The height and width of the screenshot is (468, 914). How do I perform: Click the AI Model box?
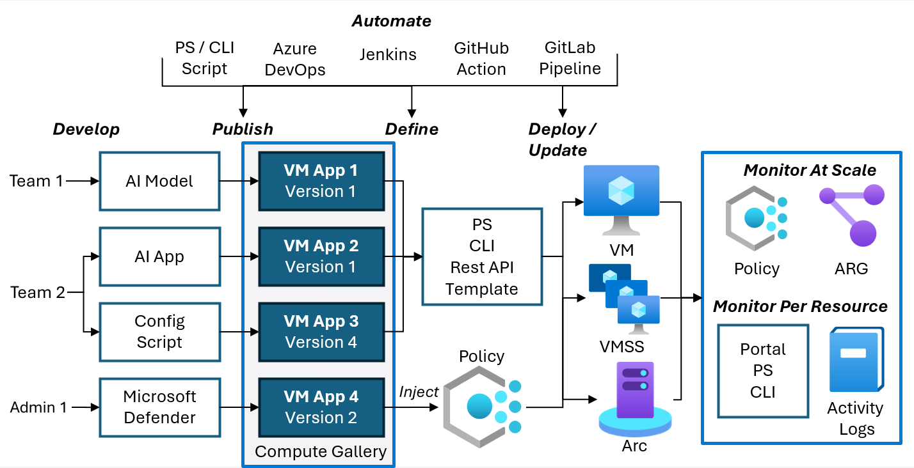[159, 181]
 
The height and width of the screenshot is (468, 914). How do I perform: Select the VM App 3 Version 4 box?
[321, 332]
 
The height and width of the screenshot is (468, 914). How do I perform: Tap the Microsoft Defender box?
[159, 407]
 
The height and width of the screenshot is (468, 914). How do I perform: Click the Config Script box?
[159, 332]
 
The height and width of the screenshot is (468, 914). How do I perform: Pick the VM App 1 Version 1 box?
[321, 181]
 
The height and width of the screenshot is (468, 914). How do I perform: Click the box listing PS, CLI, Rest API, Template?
[482, 256]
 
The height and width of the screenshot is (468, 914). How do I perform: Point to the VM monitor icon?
[621, 198]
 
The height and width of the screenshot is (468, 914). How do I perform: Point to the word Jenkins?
[388, 55]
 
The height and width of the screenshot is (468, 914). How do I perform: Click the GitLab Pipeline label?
[570, 58]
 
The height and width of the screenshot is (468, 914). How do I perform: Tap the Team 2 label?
[38, 293]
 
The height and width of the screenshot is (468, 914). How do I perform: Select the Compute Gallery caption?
[321, 452]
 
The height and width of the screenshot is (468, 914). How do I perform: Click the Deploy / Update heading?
[561, 139]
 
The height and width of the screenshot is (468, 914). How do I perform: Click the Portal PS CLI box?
[763, 370]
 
